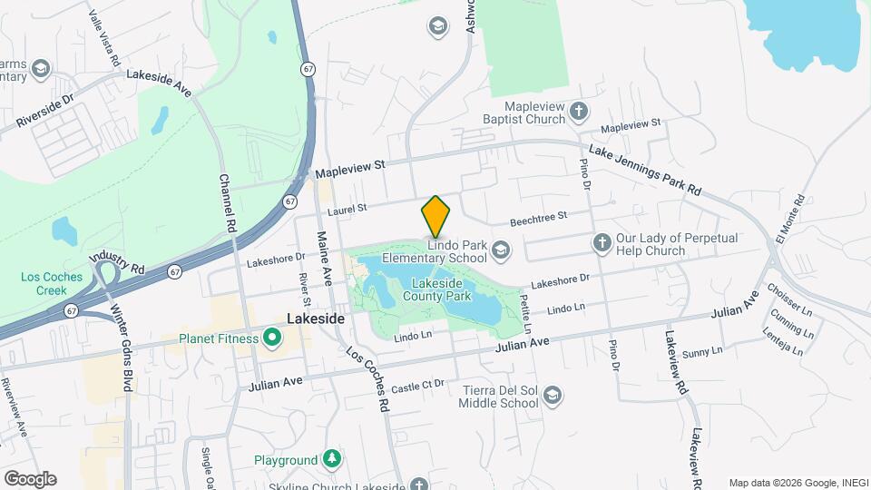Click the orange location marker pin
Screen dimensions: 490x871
click(436, 218)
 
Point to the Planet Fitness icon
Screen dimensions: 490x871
click(271, 339)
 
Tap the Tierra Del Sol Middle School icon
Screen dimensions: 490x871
click(553, 396)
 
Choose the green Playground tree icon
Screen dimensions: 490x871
click(333, 459)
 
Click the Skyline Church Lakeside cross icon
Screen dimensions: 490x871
click(417, 485)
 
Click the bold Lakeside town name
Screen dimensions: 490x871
click(316, 319)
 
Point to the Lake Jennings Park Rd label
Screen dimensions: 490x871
click(645, 170)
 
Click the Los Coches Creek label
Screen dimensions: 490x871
click(45, 283)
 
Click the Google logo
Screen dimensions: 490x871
click(30, 479)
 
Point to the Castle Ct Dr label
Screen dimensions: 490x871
click(418, 386)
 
